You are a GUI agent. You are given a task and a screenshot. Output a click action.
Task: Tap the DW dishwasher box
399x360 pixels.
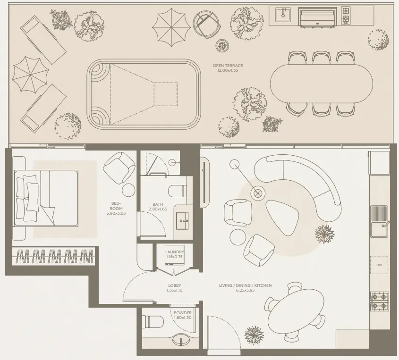point(379,265)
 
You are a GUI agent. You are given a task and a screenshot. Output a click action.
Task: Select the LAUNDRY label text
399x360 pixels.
point(174,252)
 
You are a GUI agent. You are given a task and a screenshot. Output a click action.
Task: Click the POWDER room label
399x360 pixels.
point(183,313)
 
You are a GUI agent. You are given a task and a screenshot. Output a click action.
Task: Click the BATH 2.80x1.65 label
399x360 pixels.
point(158,207)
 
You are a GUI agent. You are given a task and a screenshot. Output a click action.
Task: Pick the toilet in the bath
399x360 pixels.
point(178,191)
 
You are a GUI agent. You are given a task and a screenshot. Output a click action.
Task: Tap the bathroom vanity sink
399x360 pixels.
point(182,221)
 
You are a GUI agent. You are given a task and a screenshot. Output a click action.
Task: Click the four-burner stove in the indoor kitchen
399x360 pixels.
point(380,301)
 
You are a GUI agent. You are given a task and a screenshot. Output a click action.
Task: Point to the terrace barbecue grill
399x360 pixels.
point(318,17)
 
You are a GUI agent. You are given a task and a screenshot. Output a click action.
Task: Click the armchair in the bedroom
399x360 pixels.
point(119,168)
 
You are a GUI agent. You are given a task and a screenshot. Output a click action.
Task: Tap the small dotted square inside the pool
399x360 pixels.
point(166,94)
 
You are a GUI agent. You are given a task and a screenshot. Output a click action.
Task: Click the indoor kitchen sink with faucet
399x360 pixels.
point(379,229)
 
